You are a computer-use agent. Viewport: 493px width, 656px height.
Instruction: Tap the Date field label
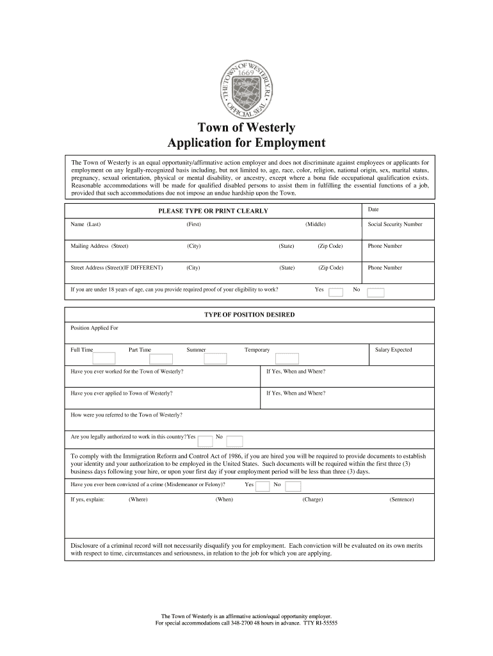(373, 209)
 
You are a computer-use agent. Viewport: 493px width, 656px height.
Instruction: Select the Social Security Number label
(394, 224)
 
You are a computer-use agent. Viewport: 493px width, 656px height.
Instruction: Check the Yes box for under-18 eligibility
(335, 293)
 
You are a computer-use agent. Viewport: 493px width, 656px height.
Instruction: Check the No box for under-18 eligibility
(375, 293)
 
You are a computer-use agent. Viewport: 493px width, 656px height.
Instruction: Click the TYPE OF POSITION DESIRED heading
(249, 315)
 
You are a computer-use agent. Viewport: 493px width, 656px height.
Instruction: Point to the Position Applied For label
(94, 328)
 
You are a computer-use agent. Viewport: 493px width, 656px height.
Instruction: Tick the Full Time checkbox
(104, 358)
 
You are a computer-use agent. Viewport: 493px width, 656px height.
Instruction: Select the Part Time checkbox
(161, 358)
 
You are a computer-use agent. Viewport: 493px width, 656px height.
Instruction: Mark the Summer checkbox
(215, 358)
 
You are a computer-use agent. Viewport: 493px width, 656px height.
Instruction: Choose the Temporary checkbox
(282, 358)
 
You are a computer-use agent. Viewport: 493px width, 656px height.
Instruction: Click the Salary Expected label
(393, 350)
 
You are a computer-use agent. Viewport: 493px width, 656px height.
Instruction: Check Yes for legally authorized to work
(206, 440)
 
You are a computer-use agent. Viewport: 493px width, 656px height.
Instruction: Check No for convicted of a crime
(293, 486)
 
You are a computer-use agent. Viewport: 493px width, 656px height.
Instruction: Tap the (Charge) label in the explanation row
(312, 500)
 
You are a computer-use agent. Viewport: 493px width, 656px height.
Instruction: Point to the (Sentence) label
(401, 500)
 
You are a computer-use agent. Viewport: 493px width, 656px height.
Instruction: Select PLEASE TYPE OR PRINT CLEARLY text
(213, 211)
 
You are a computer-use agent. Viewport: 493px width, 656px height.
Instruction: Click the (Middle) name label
(316, 224)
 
